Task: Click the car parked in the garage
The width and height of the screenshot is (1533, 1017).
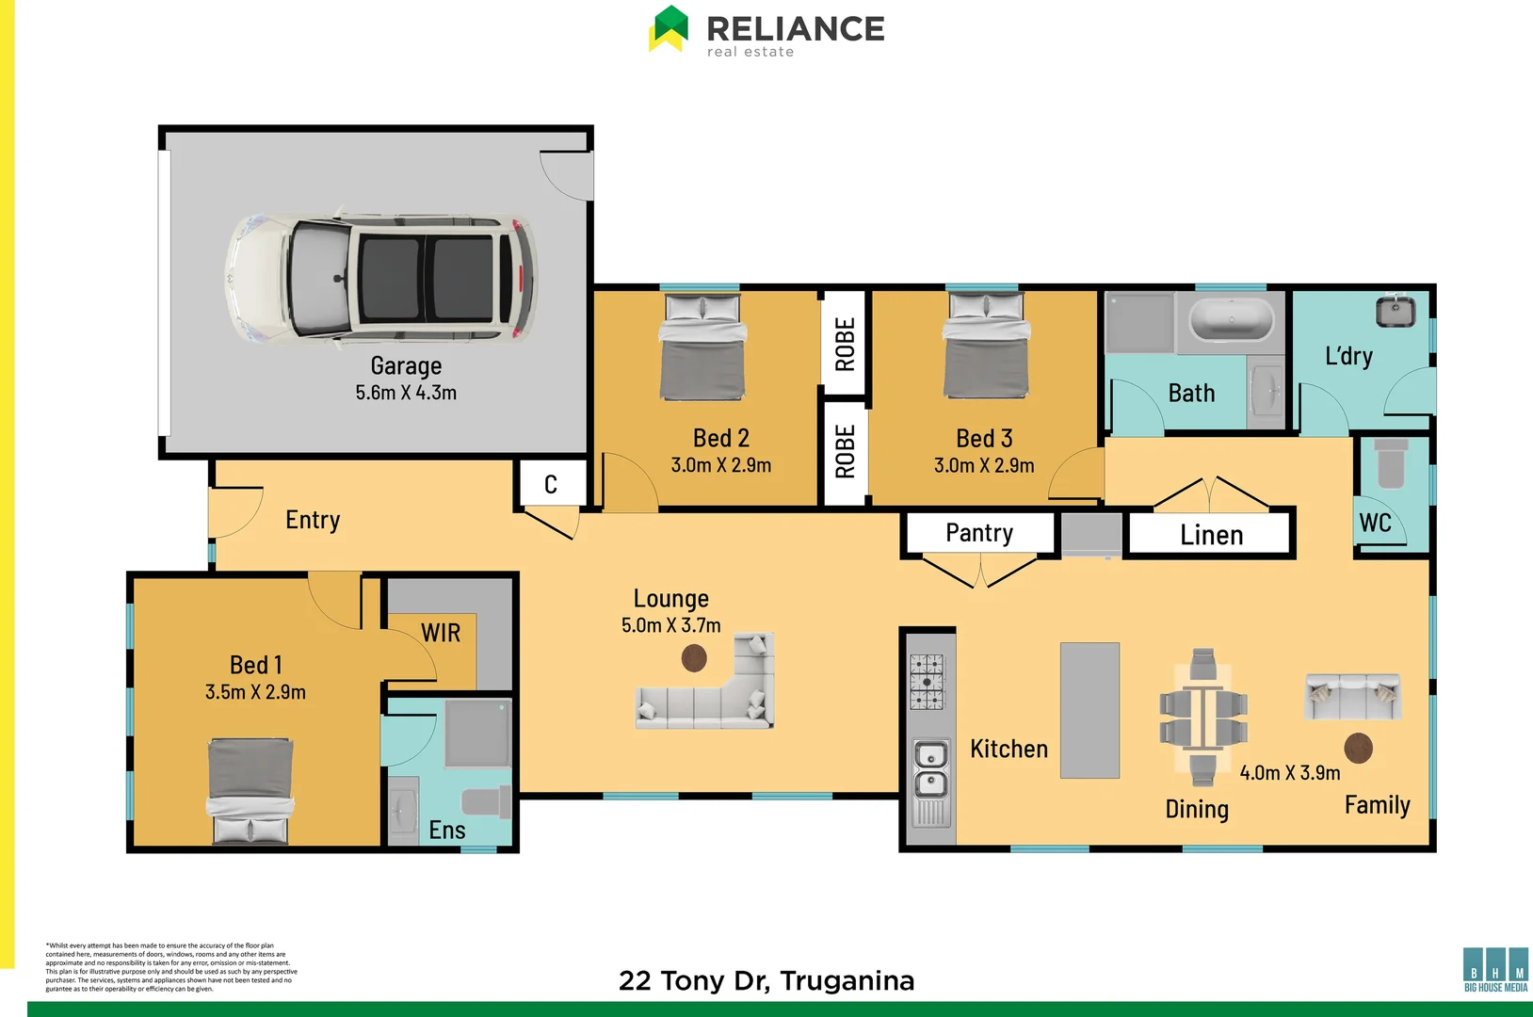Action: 381,279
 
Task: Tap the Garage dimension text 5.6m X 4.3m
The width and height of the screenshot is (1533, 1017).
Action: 406,393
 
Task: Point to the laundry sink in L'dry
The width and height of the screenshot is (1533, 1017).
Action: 1395,311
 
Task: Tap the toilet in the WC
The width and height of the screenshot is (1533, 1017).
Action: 1391,463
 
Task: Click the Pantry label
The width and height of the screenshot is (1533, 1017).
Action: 979,533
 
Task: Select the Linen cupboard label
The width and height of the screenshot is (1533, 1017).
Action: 1211,535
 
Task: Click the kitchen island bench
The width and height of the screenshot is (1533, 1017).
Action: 1089,710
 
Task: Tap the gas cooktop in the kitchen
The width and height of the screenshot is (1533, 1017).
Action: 927,682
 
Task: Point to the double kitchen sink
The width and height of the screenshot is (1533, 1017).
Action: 931,769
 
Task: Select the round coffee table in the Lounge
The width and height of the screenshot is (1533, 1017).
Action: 694,658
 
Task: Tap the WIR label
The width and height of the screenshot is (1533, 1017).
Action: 441,633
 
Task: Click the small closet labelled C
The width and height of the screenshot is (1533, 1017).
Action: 551,484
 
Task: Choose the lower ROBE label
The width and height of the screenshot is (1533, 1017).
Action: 845,452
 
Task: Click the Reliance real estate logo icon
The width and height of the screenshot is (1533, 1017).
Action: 669,28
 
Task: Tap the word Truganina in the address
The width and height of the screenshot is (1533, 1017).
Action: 847,981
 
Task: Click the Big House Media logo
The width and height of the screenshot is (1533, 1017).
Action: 1495,969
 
